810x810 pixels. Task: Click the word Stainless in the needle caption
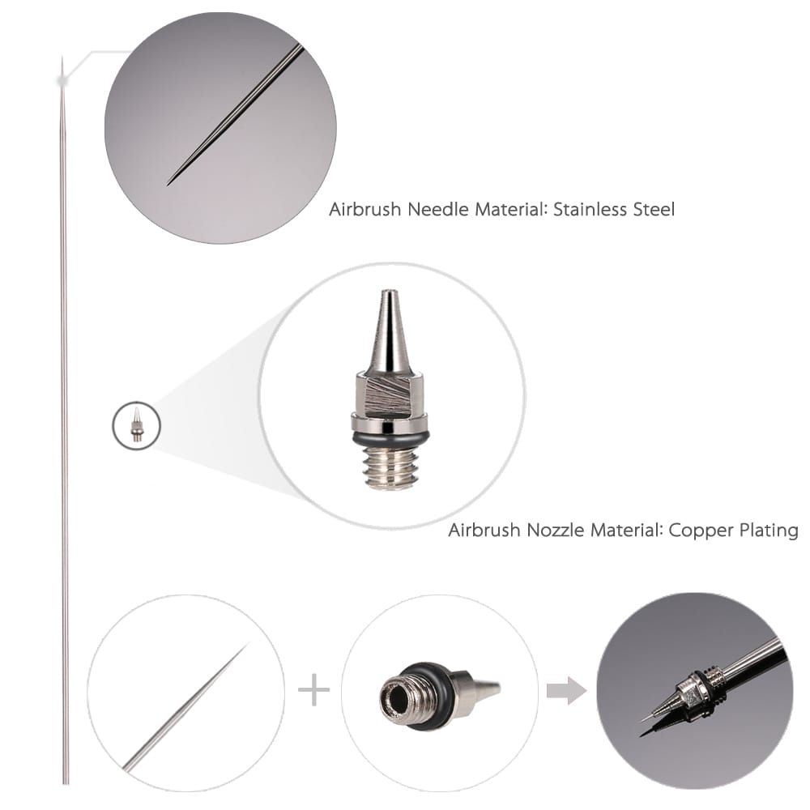coord(595,210)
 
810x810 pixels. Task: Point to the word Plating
coord(769,531)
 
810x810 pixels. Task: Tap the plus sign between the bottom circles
coord(313,691)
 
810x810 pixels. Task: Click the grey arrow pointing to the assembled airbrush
coord(566,691)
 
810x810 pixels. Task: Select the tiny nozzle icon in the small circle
coord(137,425)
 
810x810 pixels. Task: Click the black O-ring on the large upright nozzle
coord(390,438)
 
